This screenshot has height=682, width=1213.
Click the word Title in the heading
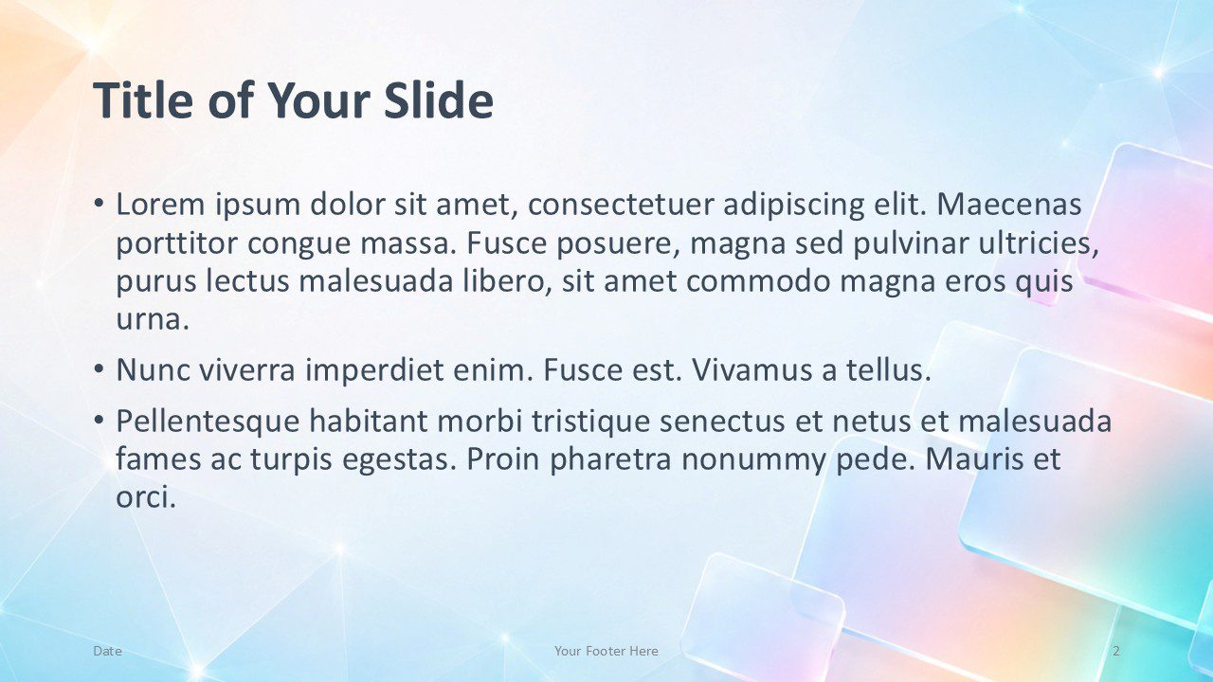tap(143, 99)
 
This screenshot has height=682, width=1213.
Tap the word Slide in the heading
tap(439, 99)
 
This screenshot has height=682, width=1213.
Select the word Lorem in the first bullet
tap(161, 205)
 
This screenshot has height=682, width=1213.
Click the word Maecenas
tap(1009, 205)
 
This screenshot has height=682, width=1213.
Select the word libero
tap(508, 281)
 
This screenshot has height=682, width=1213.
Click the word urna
tap(153, 320)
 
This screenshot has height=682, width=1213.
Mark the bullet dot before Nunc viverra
tap(98, 368)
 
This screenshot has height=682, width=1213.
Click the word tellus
tap(888, 369)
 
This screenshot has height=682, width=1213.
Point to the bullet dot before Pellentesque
tap(98, 419)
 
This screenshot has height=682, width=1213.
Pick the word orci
tap(146, 497)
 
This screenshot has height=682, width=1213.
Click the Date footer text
tap(107, 651)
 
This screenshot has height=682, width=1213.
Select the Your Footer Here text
tap(606, 651)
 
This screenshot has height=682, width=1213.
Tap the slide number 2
tap(1116, 651)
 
